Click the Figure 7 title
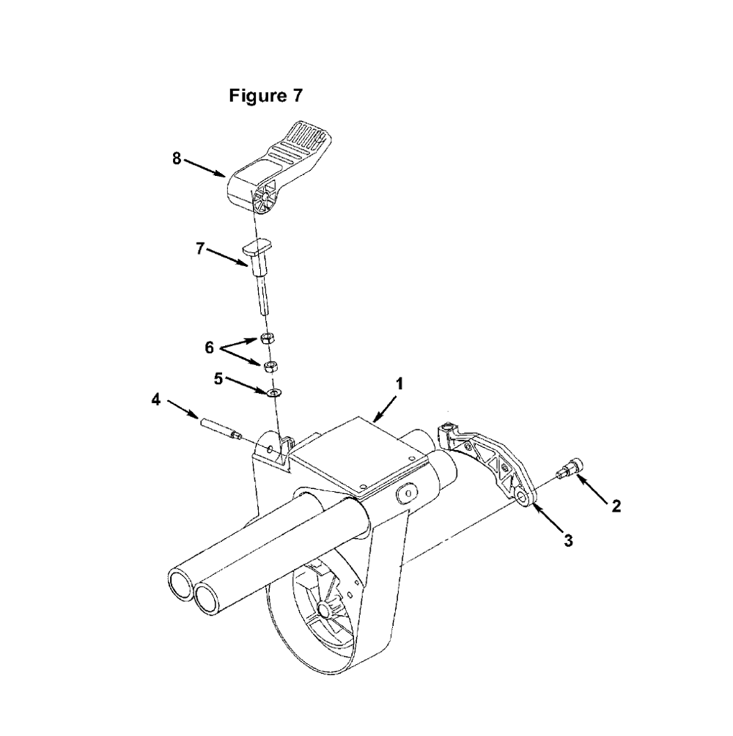(x=265, y=96)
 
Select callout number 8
(x=177, y=159)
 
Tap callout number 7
(x=200, y=249)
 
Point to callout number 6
(x=210, y=347)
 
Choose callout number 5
(x=218, y=379)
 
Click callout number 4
(x=156, y=400)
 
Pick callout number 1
(x=399, y=384)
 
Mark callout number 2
(x=616, y=506)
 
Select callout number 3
(x=568, y=541)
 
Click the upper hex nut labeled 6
(x=267, y=338)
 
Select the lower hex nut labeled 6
(x=270, y=367)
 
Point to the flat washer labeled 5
(x=273, y=392)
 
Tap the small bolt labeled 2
(x=569, y=468)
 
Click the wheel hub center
(x=323, y=610)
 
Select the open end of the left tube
(x=180, y=584)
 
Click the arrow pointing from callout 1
(x=386, y=408)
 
